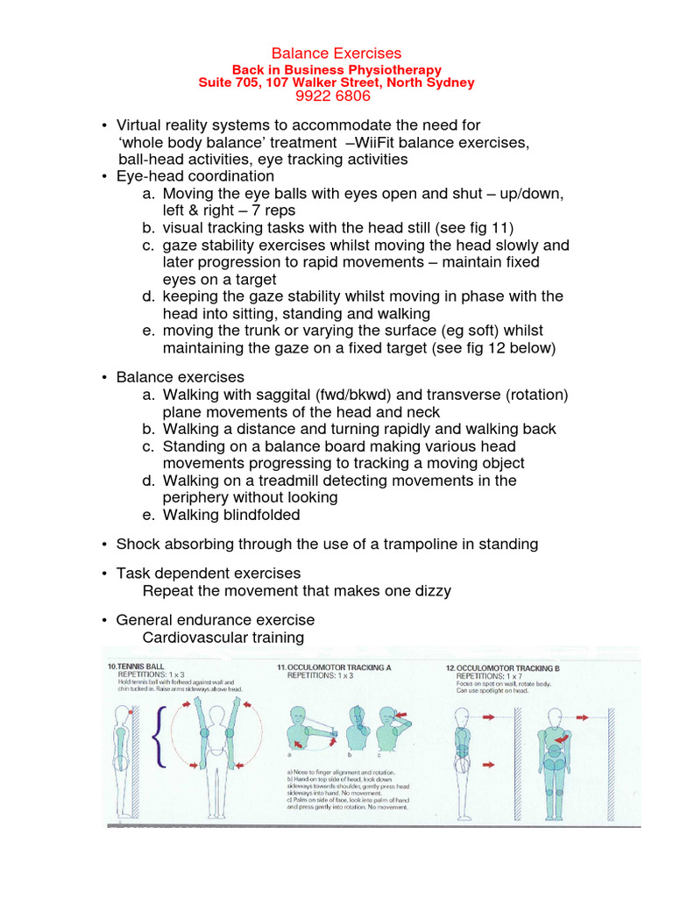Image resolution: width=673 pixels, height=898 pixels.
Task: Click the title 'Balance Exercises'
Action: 336,53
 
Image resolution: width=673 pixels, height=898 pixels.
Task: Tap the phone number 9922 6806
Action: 336,96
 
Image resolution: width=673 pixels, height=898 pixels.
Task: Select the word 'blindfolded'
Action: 259,515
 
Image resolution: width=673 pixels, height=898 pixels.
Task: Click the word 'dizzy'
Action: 432,590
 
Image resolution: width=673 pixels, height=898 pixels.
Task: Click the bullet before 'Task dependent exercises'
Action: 104,574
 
